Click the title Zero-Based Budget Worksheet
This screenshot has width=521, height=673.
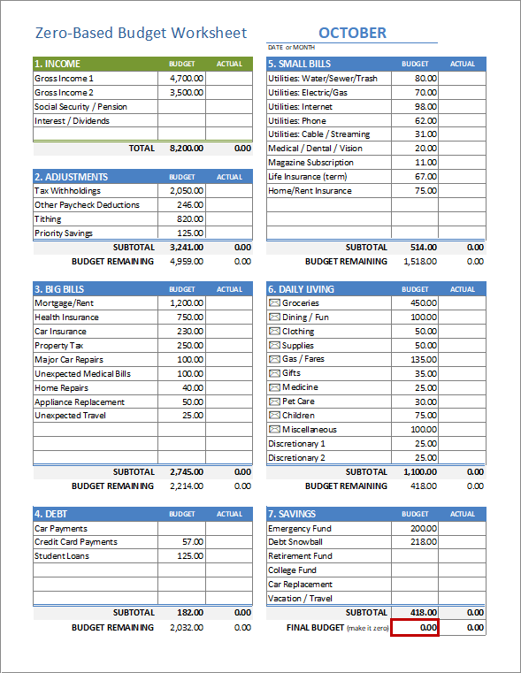[141, 33]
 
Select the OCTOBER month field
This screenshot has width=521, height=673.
[352, 33]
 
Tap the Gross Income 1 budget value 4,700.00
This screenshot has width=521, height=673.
[187, 78]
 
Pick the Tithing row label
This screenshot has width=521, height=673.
[48, 219]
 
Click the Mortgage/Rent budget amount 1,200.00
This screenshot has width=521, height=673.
[187, 303]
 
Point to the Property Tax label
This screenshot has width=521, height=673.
[60, 346]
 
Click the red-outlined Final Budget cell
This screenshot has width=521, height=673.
[415, 627]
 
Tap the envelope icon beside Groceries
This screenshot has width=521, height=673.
[274, 303]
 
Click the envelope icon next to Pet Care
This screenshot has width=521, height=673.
[274, 402]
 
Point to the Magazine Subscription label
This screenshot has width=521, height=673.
[310, 163]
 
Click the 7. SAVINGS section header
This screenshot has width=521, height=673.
[297, 514]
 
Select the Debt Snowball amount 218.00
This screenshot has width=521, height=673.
[424, 542]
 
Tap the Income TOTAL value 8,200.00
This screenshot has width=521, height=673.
[186, 149]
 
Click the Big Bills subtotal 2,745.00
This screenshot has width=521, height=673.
[186, 472]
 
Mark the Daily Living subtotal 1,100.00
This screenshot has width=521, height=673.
[419, 472]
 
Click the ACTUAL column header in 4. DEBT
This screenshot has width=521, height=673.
[229, 514]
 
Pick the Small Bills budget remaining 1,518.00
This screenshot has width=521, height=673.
[419, 262]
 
